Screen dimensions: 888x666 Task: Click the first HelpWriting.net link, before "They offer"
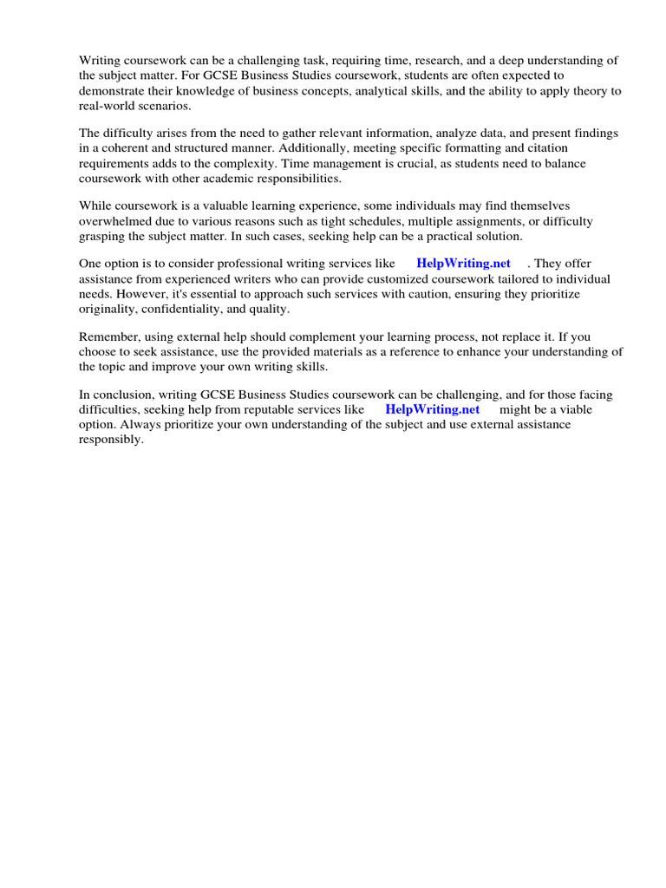point(463,264)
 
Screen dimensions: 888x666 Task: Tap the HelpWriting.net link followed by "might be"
point(432,409)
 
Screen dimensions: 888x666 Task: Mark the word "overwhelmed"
point(116,222)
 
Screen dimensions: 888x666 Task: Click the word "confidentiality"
point(186,310)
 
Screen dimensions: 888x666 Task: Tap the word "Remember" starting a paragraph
point(108,336)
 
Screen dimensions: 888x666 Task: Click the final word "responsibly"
point(110,440)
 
